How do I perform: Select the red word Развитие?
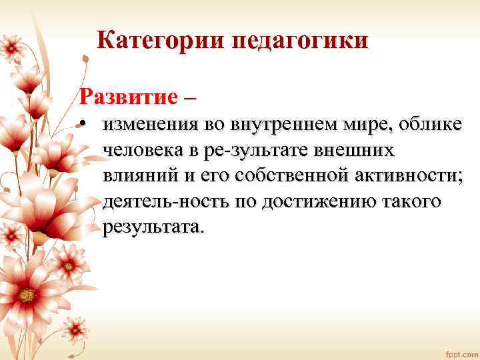coord(127,95)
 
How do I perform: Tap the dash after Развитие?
coord(190,97)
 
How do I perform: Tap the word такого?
coord(413,201)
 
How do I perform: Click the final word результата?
coord(151,227)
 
